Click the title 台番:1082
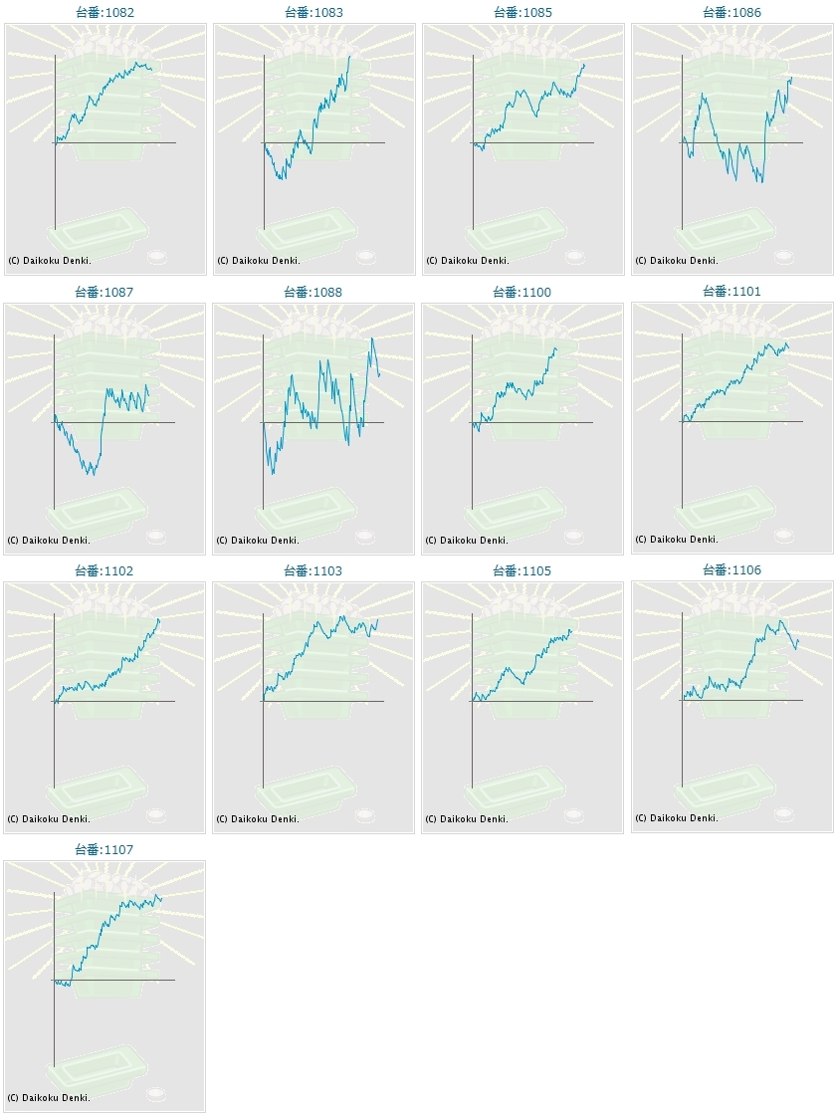point(105,13)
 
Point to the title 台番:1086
point(732,13)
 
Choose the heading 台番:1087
point(105,293)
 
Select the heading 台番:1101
point(732,292)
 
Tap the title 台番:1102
point(105,571)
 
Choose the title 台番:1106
point(732,570)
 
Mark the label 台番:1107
point(105,850)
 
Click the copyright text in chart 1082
point(49,261)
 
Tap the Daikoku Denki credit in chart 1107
point(49,1098)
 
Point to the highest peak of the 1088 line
point(372,337)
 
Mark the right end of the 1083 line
point(350,56)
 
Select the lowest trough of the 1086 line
point(761,182)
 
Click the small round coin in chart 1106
point(784,813)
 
